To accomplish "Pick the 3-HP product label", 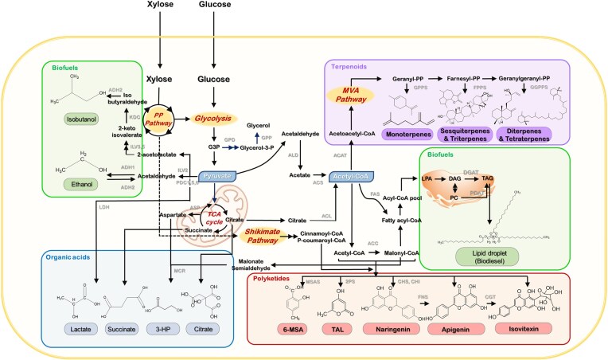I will coord(165,329).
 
